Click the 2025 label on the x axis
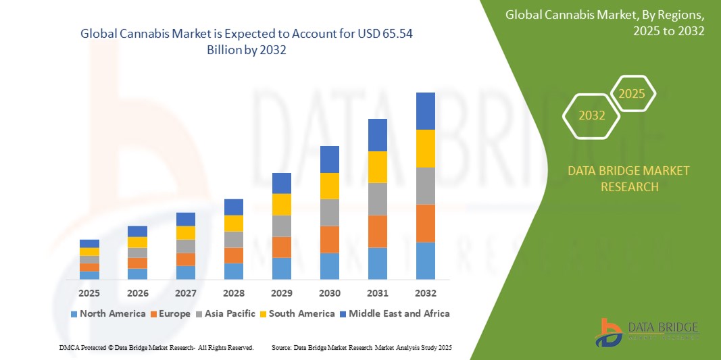(x=89, y=294)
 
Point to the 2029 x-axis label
(x=281, y=294)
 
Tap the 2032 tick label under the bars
(x=425, y=294)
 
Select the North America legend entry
(x=107, y=313)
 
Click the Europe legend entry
(x=170, y=313)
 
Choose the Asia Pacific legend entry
(x=226, y=313)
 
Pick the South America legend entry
(x=297, y=313)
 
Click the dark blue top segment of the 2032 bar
(x=425, y=111)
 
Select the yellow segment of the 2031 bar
(x=377, y=167)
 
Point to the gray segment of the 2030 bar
(x=329, y=212)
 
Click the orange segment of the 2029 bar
(x=281, y=247)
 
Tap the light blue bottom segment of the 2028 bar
(x=233, y=271)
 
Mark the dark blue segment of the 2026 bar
(x=137, y=231)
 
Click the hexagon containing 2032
(x=592, y=115)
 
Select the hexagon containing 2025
(x=632, y=94)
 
